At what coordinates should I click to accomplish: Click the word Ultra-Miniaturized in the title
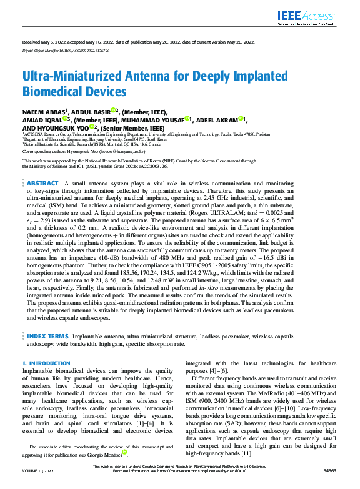[x=66, y=77]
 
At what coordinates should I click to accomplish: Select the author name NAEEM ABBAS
[x=47, y=111]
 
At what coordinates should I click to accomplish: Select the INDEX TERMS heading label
[x=48, y=336]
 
